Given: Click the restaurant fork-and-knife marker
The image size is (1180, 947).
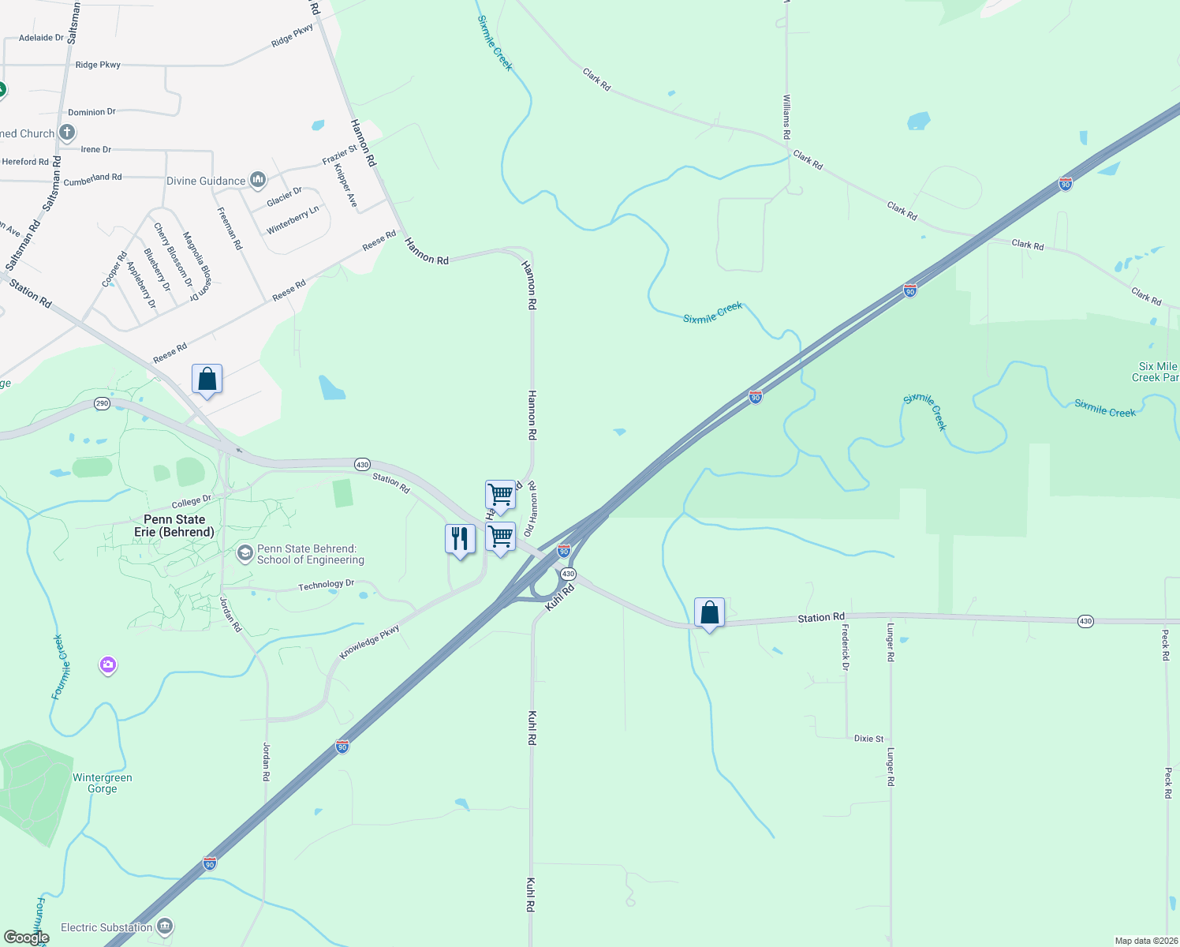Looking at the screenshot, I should pyautogui.click(x=460, y=539).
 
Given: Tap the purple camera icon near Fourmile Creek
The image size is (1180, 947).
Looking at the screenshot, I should pyautogui.click(x=108, y=665).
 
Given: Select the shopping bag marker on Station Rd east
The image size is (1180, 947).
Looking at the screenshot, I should pyautogui.click(x=709, y=613).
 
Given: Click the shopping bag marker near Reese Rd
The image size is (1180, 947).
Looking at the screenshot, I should pyautogui.click(x=207, y=380).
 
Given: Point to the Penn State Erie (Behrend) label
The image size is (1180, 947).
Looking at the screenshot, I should pyautogui.click(x=174, y=526).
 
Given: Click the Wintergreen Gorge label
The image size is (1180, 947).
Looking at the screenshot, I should pyautogui.click(x=103, y=783).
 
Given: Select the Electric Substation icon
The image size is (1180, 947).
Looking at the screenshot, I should pyautogui.click(x=165, y=926).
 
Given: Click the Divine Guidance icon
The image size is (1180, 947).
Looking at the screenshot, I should pyautogui.click(x=258, y=181).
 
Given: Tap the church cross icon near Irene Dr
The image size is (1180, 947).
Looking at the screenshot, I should pyautogui.click(x=67, y=133).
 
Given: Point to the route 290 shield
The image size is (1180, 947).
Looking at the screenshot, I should pyautogui.click(x=102, y=403).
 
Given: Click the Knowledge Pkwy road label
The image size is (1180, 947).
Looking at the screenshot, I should pyautogui.click(x=369, y=642).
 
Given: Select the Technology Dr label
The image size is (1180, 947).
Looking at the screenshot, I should pyautogui.click(x=327, y=586).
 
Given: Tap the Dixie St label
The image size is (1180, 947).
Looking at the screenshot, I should pyautogui.click(x=868, y=739).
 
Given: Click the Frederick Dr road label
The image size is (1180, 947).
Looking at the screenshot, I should pyautogui.click(x=846, y=647).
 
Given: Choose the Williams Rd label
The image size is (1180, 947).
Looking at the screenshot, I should pyautogui.click(x=786, y=118).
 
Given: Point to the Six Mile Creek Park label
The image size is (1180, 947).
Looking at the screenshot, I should pyautogui.click(x=1156, y=372).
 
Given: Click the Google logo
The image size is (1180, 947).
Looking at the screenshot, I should pyautogui.click(x=26, y=938).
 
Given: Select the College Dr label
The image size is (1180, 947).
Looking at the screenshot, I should pyautogui.click(x=192, y=502).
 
